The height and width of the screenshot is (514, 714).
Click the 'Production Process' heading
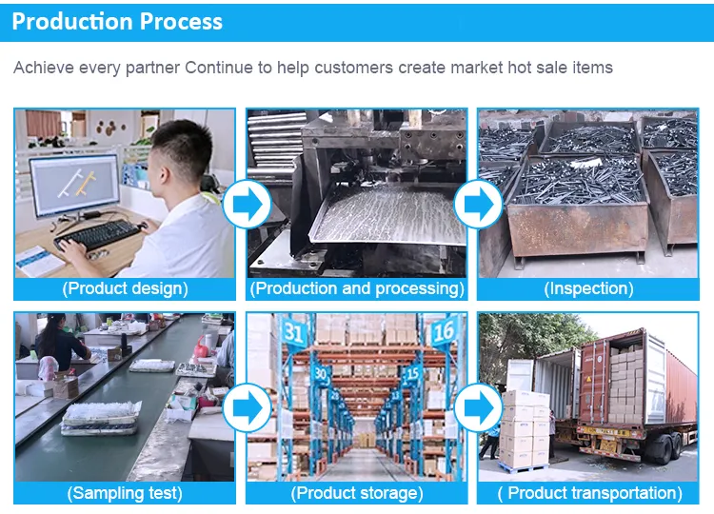point(117,21)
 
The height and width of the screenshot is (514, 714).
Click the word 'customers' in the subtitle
point(353,68)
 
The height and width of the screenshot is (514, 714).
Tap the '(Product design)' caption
point(125,288)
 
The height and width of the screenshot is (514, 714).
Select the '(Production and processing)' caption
point(357,288)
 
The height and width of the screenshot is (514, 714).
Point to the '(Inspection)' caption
point(588,288)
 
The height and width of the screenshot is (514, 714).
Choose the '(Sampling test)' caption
point(125,493)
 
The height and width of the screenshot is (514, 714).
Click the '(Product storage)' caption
point(357,493)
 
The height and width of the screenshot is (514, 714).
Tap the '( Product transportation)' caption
point(589,493)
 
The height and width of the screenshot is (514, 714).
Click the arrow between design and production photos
point(247,205)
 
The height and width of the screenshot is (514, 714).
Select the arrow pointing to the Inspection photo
point(478,205)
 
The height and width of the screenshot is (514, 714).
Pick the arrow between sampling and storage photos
point(247,408)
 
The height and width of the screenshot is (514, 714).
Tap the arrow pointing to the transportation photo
point(478,408)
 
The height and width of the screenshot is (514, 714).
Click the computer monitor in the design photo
point(75,185)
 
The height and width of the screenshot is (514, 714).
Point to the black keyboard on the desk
point(98,234)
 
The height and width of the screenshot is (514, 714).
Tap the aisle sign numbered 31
point(293,333)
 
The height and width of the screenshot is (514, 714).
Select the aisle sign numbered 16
point(443,331)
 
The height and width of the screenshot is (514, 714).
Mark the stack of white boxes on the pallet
point(525,429)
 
